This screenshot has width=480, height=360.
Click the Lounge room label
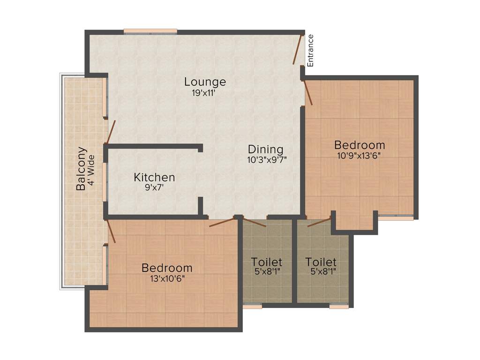(205, 82)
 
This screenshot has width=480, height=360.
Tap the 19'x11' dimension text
(205, 93)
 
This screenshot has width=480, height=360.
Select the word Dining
(266, 150)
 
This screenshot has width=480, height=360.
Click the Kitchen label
(154, 178)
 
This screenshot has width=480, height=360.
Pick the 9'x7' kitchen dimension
(154, 187)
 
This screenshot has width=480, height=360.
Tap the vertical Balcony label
(81, 169)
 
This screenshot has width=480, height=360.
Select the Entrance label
(310, 51)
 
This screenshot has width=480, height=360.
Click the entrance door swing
(298, 49)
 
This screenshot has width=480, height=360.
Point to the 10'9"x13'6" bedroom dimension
(360, 156)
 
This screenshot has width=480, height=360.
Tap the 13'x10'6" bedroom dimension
(167, 278)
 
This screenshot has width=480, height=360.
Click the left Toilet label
(267, 262)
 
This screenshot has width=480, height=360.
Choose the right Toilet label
(321, 262)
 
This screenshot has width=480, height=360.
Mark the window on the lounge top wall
(150, 31)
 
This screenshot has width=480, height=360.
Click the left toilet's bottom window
(252, 307)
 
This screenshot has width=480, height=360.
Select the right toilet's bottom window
(338, 307)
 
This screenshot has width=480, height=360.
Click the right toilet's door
(319, 222)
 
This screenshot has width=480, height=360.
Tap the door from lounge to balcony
(111, 132)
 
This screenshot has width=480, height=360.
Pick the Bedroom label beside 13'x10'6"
(167, 268)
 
